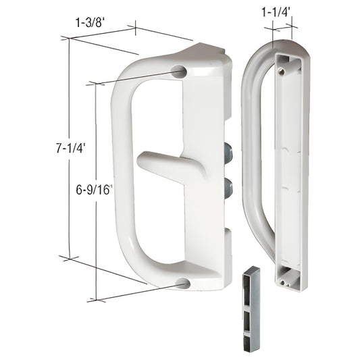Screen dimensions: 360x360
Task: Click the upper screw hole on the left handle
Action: (x=180, y=71)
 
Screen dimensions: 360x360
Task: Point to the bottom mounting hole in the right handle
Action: (x=282, y=274)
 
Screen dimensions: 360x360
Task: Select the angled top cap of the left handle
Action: (x=203, y=51)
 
